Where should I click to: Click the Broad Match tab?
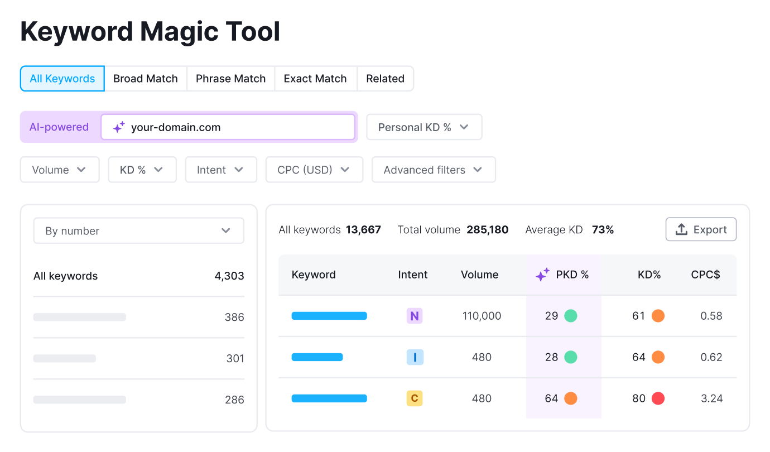[145, 79]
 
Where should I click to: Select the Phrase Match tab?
[230, 79]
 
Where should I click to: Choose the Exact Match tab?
[315, 79]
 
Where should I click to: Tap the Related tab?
[385, 79]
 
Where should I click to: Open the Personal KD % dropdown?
[423, 127]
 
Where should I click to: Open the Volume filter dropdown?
[59, 170]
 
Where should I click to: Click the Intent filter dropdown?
[220, 170]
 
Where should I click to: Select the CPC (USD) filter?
[314, 170]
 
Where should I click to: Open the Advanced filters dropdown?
[433, 170]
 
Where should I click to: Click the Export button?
[701, 229]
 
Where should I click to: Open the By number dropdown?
[138, 230]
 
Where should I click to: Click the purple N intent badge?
[415, 316]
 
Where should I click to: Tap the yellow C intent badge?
[415, 398]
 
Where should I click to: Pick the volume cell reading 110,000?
[482, 316]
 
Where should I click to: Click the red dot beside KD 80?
[658, 398]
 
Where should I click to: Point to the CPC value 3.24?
[711, 398]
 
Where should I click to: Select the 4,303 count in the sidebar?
[229, 276]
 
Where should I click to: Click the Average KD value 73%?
[603, 229]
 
